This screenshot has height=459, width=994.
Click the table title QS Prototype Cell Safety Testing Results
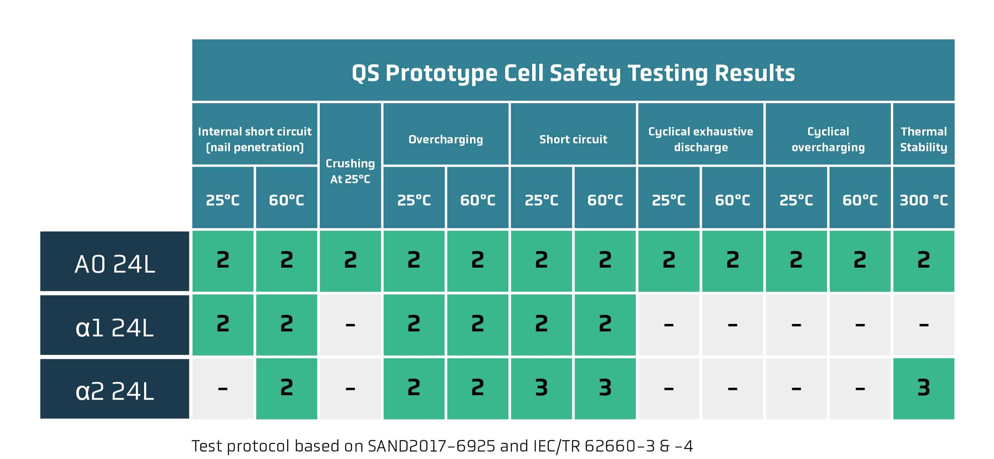click(x=573, y=73)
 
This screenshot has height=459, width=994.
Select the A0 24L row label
click(x=115, y=261)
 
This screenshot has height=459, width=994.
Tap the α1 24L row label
click(x=115, y=325)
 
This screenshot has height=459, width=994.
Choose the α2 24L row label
click(x=115, y=389)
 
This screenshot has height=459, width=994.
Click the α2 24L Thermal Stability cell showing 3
click(x=924, y=389)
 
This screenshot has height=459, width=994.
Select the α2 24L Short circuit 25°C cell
click(x=541, y=389)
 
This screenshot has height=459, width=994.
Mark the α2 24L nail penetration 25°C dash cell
click(x=223, y=389)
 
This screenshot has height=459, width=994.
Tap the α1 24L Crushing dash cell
click(x=350, y=325)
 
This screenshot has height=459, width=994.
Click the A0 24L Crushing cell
click(x=350, y=261)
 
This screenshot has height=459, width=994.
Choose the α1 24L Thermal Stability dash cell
click(x=924, y=325)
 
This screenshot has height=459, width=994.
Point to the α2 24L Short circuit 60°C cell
click(x=605, y=389)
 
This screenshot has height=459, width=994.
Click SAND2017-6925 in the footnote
click(x=431, y=446)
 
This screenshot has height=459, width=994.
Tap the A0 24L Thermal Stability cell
click(x=924, y=261)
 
